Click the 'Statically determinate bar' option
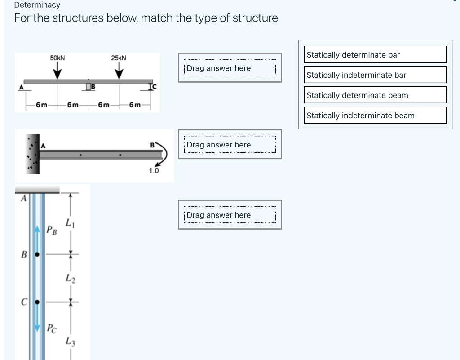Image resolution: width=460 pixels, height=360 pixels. [375, 54]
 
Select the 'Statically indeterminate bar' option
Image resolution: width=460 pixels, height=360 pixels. [375, 75]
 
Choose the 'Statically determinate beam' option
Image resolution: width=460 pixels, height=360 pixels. [375, 95]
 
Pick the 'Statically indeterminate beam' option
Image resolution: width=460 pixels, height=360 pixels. [375, 115]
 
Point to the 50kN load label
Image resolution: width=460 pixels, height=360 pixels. [57, 58]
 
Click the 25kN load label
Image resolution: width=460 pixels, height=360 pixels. [119, 58]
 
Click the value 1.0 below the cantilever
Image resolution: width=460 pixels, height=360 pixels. [154, 171]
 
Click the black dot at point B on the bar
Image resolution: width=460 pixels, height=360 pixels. [38, 254]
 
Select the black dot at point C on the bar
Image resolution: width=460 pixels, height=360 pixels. [38, 302]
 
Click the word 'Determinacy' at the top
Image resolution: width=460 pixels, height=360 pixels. [37, 5]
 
